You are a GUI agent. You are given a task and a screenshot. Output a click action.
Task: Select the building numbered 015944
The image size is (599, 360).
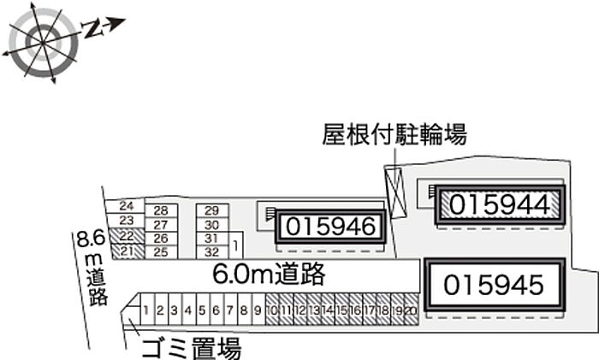click(498, 204)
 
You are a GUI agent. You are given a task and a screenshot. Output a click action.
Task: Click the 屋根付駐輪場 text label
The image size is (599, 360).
click(394, 134)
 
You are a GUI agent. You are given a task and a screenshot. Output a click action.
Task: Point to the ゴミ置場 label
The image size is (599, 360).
click(191, 348)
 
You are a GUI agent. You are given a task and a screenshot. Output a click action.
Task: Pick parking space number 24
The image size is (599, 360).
click(127, 206)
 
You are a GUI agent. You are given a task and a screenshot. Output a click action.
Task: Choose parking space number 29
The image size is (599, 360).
click(213, 210)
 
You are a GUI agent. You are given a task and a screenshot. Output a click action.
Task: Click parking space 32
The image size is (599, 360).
click(213, 251)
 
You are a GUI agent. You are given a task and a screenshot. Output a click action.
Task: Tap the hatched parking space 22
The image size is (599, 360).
click(126, 235)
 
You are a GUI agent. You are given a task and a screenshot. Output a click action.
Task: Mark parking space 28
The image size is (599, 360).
click(160, 210)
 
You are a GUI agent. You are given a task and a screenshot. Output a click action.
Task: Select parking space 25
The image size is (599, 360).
click(159, 251)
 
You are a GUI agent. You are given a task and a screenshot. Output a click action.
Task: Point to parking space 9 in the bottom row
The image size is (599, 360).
click(256, 310)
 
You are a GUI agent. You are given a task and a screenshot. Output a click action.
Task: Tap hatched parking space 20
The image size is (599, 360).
click(411, 310)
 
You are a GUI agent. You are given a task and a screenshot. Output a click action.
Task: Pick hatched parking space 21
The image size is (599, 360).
click(126, 250)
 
